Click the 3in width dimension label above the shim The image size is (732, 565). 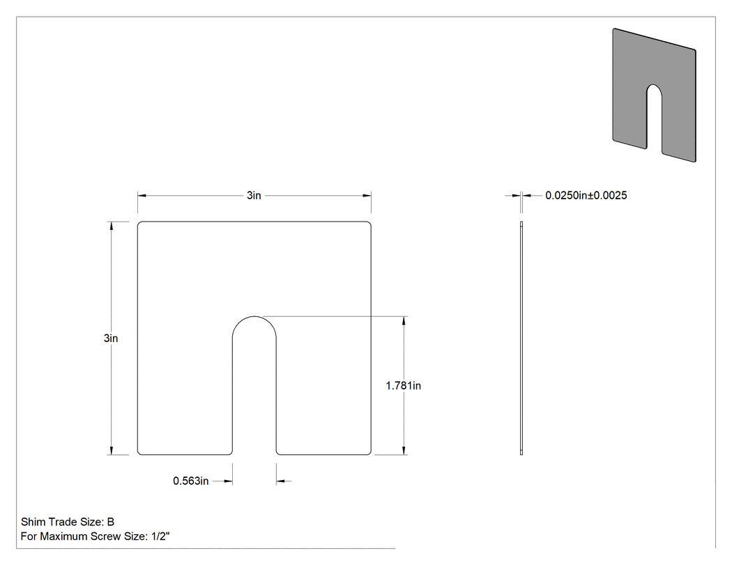click(x=254, y=196)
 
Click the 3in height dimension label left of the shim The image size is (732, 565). click(x=111, y=339)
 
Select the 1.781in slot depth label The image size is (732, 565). click(x=404, y=386)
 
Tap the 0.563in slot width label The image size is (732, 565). click(x=190, y=481)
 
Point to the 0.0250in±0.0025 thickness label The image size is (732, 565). click(x=586, y=196)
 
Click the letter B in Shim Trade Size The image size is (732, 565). click(x=111, y=522)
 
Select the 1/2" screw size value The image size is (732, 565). click(x=160, y=536)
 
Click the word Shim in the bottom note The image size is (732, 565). click(x=33, y=522)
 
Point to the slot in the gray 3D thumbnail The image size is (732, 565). click(x=654, y=119)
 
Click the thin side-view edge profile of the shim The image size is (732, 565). click(x=521, y=339)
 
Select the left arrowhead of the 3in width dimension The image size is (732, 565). click(x=142, y=196)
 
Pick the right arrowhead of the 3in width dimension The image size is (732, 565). click(x=367, y=196)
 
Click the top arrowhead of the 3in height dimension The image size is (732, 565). click(x=111, y=226)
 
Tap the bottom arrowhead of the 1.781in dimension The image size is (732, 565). click(x=404, y=450)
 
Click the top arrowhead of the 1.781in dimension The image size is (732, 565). click(x=404, y=321)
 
